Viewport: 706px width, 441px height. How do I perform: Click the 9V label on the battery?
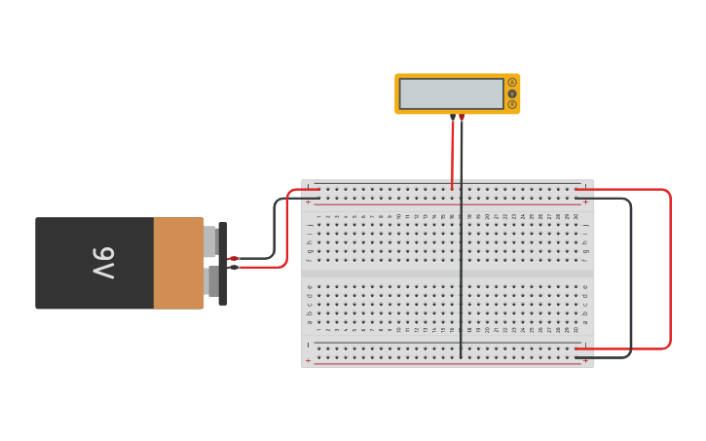pyautogui.click(x=104, y=263)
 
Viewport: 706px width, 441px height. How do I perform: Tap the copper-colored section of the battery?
pyautogui.click(x=178, y=263)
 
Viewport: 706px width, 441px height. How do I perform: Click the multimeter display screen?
pyautogui.click(x=451, y=93)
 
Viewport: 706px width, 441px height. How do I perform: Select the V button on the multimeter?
pyautogui.click(x=512, y=93)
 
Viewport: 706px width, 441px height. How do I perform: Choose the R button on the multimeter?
pyautogui.click(x=512, y=104)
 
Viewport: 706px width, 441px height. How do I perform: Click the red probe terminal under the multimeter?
pyautogui.click(x=462, y=117)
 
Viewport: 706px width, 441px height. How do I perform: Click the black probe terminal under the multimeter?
pyautogui.click(x=453, y=117)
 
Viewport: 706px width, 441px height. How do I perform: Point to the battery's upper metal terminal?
pyautogui.click(x=209, y=241)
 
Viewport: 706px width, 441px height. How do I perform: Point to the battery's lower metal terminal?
pyautogui.click(x=211, y=282)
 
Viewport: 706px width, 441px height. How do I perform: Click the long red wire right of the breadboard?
pyautogui.click(x=670, y=268)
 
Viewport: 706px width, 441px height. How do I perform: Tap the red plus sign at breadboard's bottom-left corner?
pyautogui.click(x=309, y=360)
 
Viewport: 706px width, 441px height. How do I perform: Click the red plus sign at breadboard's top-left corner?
pyautogui.click(x=309, y=202)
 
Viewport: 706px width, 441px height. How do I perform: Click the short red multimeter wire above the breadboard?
pyautogui.click(x=452, y=156)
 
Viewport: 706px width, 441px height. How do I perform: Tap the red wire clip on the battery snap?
pyautogui.click(x=234, y=258)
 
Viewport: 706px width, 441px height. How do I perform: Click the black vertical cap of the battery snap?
pyautogui.click(x=223, y=263)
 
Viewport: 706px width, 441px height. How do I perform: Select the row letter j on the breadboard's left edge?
pyautogui.click(x=310, y=225)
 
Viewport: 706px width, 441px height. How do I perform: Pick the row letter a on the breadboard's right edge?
pyautogui.click(x=585, y=321)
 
